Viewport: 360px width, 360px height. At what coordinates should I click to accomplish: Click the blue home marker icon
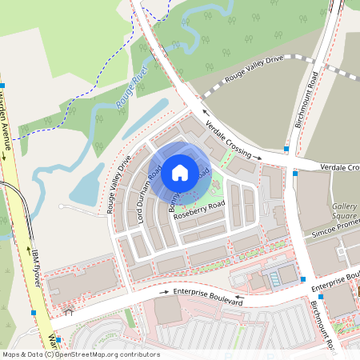point(180,172)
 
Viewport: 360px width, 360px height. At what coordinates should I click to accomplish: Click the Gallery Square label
point(344,210)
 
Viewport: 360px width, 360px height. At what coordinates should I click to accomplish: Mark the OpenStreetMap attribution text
point(81,354)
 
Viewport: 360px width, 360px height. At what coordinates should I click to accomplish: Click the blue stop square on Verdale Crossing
point(286,149)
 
